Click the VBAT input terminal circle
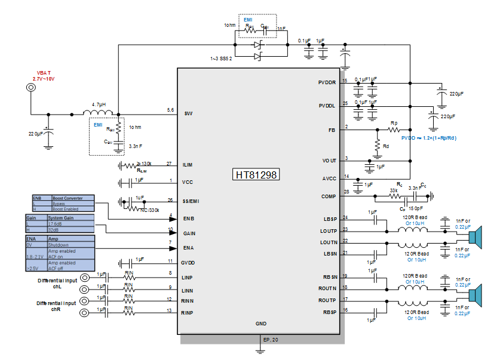pyautogui.click(x=30, y=88)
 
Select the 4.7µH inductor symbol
pyautogui.click(x=98, y=113)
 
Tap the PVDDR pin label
pyautogui.click(x=327, y=82)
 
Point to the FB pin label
pyautogui.click(x=332, y=129)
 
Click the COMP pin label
pyautogui.click(x=329, y=196)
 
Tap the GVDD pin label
pyautogui.click(x=189, y=263)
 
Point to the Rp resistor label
pyautogui.click(x=394, y=122)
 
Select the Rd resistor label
pyautogui.click(x=386, y=145)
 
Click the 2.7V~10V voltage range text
pyautogui.click(x=43, y=79)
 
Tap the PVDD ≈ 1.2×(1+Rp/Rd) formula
pyautogui.click(x=428, y=137)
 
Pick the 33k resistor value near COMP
pyautogui.click(x=394, y=190)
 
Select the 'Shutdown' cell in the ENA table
pyautogui.click(x=59, y=245)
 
